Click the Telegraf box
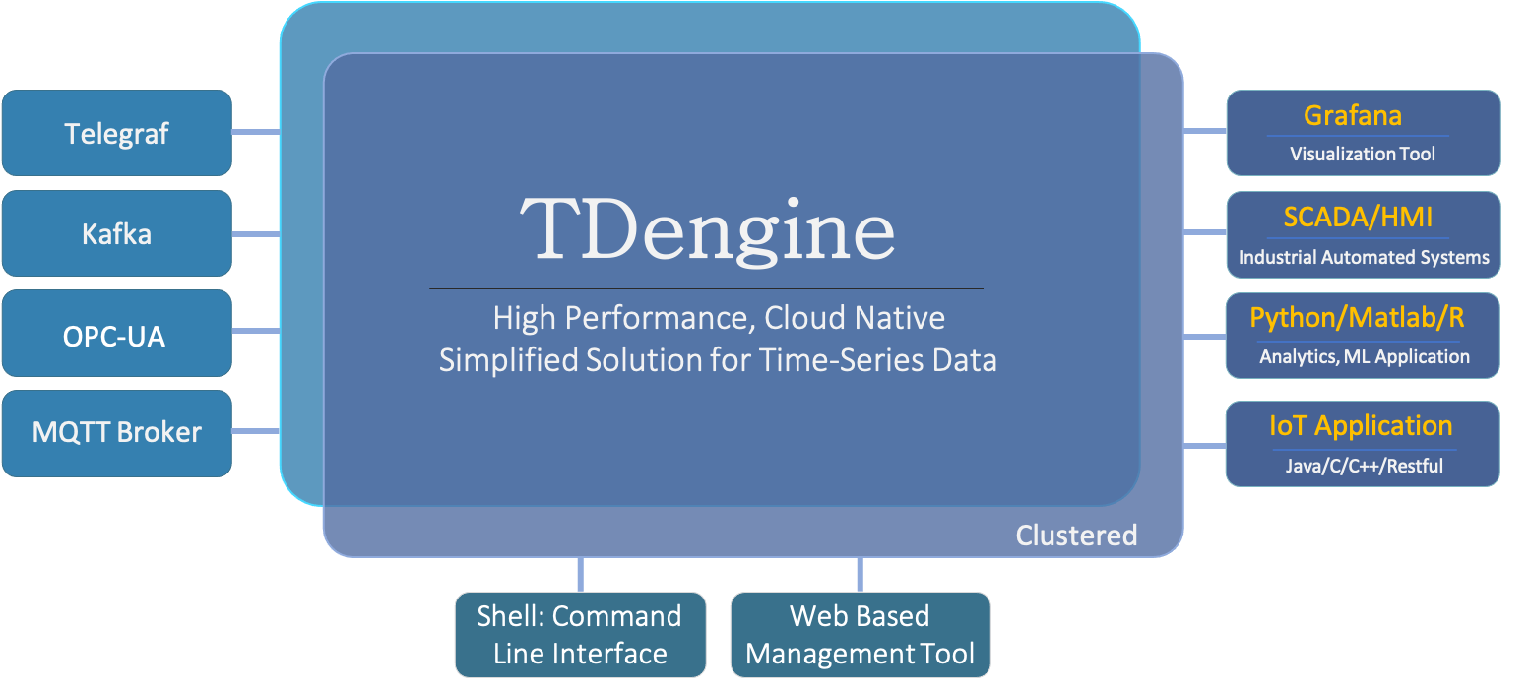click(116, 133)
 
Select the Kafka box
click(116, 234)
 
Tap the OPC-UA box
click(116, 335)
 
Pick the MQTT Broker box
click(116, 433)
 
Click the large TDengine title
click(707, 229)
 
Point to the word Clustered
click(1076, 535)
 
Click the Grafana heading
click(1352, 116)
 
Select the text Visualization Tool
click(1363, 155)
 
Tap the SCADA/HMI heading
click(1358, 217)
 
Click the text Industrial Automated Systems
click(1364, 258)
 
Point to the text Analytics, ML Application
click(1364, 357)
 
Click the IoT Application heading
click(1361, 426)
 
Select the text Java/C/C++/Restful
click(1364, 466)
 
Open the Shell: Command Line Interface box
click(580, 635)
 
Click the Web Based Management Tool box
click(860, 635)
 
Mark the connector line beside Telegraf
click(256, 132)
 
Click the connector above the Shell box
click(580, 574)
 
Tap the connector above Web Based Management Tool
click(860, 574)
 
